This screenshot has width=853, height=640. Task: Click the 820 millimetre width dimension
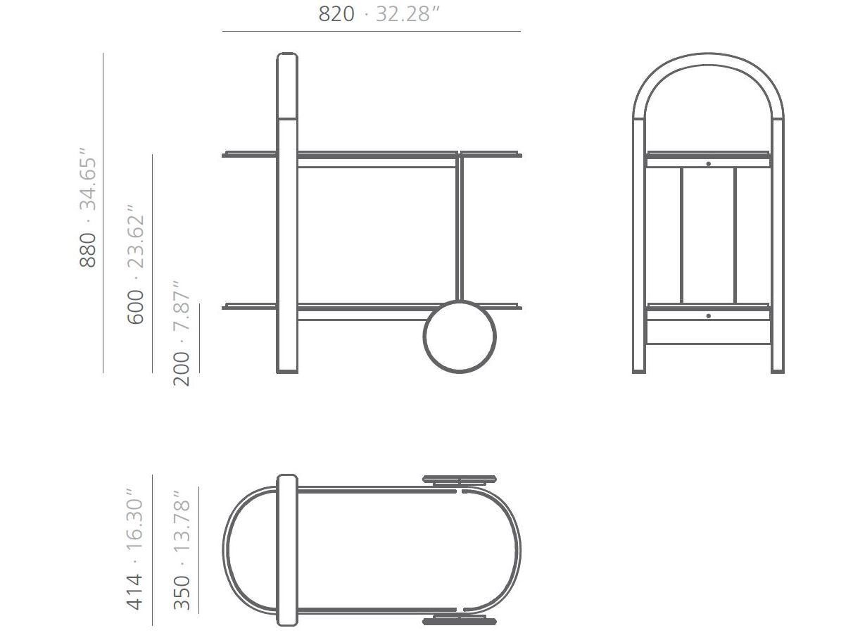[336, 13]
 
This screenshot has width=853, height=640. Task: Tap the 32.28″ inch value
[408, 13]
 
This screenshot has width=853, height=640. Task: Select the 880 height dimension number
[87, 250]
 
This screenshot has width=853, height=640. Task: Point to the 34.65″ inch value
[87, 179]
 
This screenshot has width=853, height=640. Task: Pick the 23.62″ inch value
[136, 237]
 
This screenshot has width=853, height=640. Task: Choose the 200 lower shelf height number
[182, 368]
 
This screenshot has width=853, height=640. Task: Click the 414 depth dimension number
[134, 591]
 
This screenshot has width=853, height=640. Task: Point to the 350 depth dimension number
[182, 592]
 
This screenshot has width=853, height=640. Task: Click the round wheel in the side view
[459, 337]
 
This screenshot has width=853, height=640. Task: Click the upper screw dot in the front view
[708, 164]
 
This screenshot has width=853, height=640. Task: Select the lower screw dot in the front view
[708, 316]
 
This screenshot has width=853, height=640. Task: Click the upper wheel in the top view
[459, 479]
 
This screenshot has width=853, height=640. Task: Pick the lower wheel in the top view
[459, 620]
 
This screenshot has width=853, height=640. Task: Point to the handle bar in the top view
[287, 549]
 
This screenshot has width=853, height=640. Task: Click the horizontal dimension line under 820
[372, 32]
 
